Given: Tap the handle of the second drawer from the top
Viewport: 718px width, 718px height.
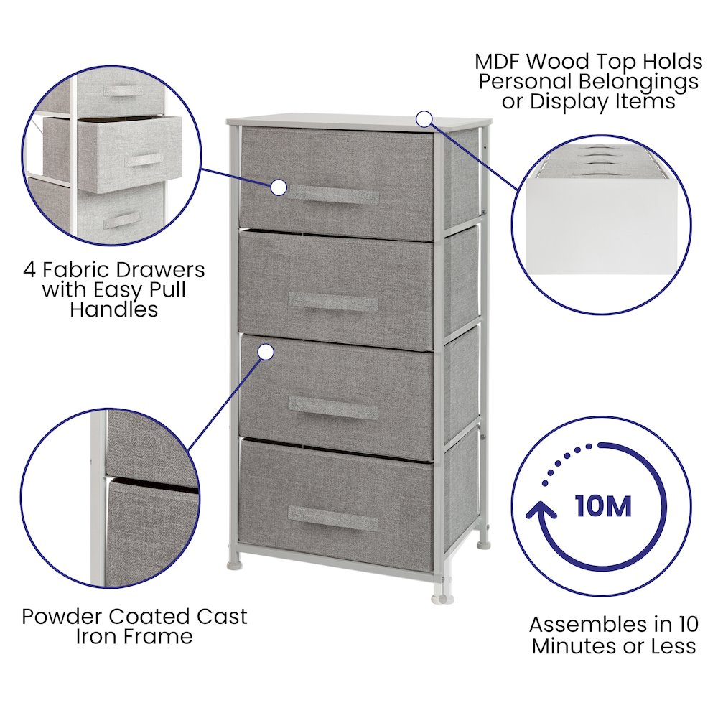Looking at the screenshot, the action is pyautogui.click(x=333, y=302).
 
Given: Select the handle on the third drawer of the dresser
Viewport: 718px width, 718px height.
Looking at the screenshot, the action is pyautogui.click(x=333, y=407).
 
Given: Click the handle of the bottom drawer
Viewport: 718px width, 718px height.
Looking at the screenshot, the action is pyautogui.click(x=333, y=518).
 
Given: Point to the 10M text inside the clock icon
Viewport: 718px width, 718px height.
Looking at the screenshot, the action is pyautogui.click(x=604, y=505).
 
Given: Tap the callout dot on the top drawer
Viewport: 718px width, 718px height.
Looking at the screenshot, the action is pyautogui.click(x=279, y=187).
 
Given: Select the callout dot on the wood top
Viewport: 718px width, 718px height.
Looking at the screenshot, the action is pyautogui.click(x=424, y=119).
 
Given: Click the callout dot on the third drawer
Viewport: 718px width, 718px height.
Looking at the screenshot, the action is pyautogui.click(x=266, y=352).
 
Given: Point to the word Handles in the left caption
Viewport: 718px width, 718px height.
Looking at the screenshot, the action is pyautogui.click(x=114, y=309).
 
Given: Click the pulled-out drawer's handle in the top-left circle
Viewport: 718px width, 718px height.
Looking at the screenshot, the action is pyautogui.click(x=145, y=160).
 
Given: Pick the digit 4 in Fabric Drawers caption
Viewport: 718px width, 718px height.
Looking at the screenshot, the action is pyautogui.click(x=29, y=270).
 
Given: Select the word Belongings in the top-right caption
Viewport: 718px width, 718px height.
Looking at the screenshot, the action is pyautogui.click(x=639, y=83).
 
